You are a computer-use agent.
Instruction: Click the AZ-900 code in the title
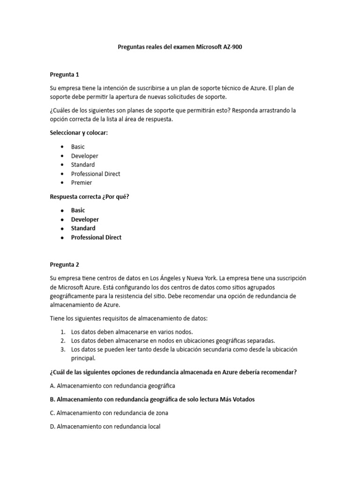pyautogui.click(x=232, y=47)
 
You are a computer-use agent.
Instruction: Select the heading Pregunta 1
pyautogui.click(x=65, y=74)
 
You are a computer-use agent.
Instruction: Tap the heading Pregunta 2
pyautogui.click(x=65, y=264)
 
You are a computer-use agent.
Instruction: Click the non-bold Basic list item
pyautogui.click(x=78, y=147)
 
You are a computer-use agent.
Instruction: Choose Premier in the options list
pyautogui.click(x=82, y=183)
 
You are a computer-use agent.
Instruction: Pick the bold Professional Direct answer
pyautogui.click(x=96, y=237)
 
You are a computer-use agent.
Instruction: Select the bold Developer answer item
pyautogui.click(x=85, y=219)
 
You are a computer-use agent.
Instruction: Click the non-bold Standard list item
pyautogui.click(x=83, y=165)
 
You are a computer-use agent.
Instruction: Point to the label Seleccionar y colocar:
pyautogui.click(x=79, y=133)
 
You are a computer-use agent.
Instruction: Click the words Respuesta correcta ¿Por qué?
pyautogui.click(x=90, y=196)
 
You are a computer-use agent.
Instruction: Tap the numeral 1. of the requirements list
pyautogui.click(x=62, y=332)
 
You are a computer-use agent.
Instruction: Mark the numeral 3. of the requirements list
pyautogui.click(x=62, y=350)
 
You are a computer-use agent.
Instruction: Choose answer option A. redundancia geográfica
pyautogui.click(x=112, y=386)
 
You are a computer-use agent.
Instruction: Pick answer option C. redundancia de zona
pyautogui.click(x=109, y=413)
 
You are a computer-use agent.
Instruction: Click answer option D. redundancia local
pyautogui.click(x=105, y=427)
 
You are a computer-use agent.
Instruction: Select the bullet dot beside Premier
pyautogui.click(x=62, y=183)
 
